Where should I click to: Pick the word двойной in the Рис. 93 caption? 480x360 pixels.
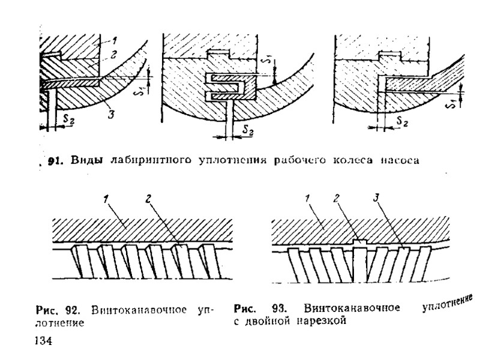click(x=265, y=322)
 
